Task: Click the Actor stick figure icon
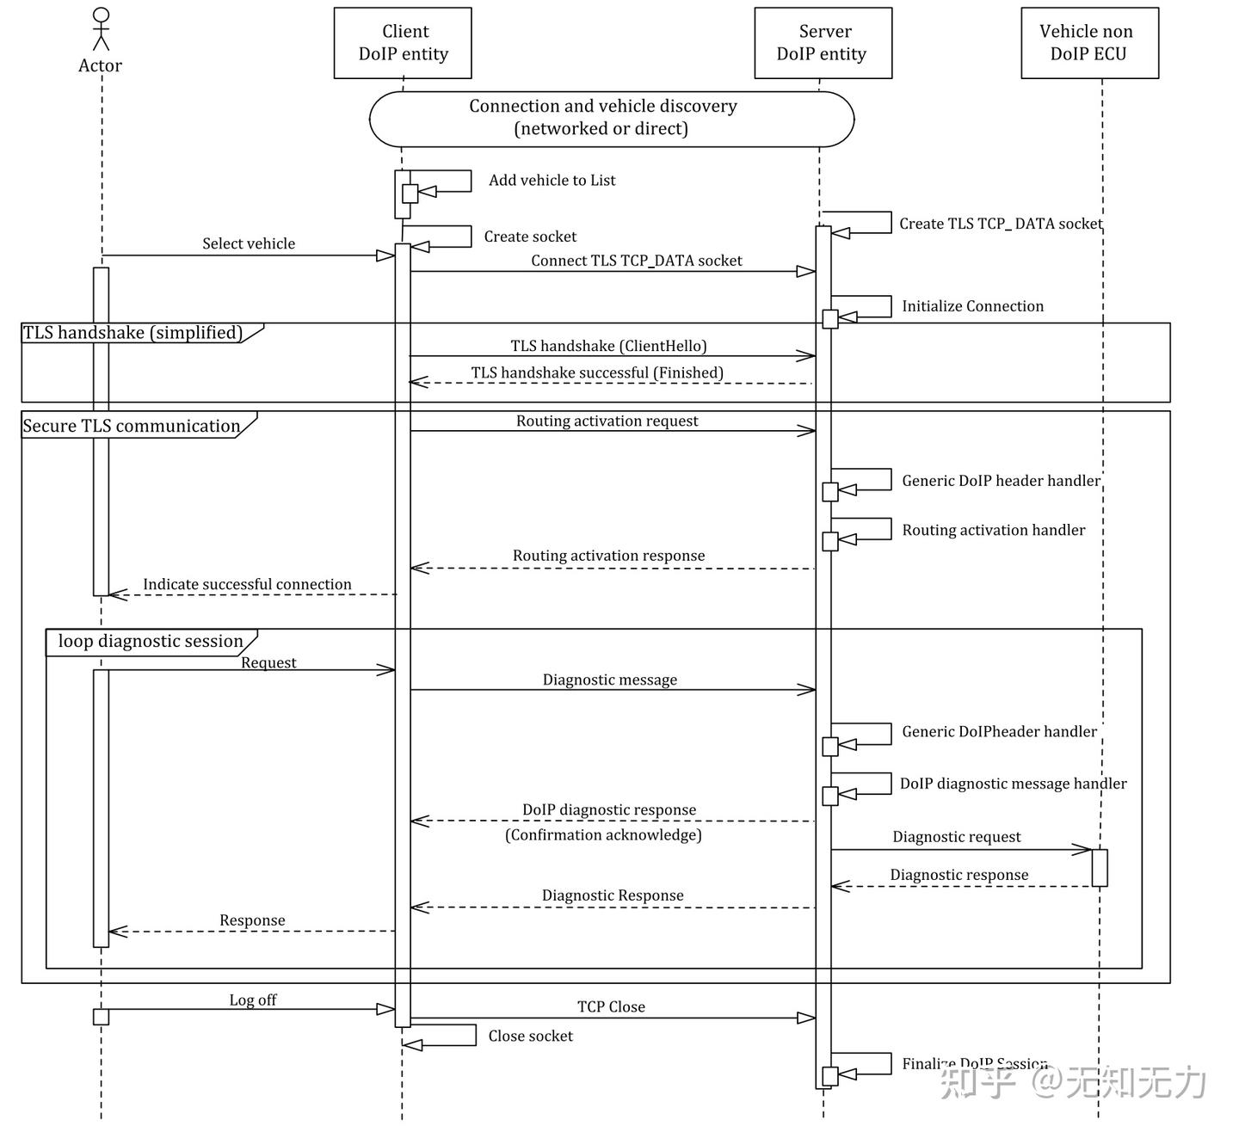coord(101,29)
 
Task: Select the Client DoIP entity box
coord(403,43)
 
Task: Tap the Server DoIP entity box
coord(823,43)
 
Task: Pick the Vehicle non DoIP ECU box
coord(1089,43)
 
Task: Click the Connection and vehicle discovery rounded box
coord(611,118)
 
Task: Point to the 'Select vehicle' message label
coord(249,244)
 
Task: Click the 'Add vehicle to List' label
coord(552,181)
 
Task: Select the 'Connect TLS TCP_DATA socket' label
coord(636,261)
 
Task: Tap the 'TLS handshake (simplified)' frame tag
coord(133,333)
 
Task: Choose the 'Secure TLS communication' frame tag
coord(132,426)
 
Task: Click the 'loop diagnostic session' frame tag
coord(151,642)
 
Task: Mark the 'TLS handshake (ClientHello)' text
coord(608,347)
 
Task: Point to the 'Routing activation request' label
coord(607,421)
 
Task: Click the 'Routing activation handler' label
coord(993,531)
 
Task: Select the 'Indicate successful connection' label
coord(247,585)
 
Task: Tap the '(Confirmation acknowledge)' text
coord(603,835)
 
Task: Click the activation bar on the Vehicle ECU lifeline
coord(1100,867)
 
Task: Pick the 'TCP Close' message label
coord(611,1007)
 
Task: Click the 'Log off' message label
coord(253,1000)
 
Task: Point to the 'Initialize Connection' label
coord(972,307)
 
